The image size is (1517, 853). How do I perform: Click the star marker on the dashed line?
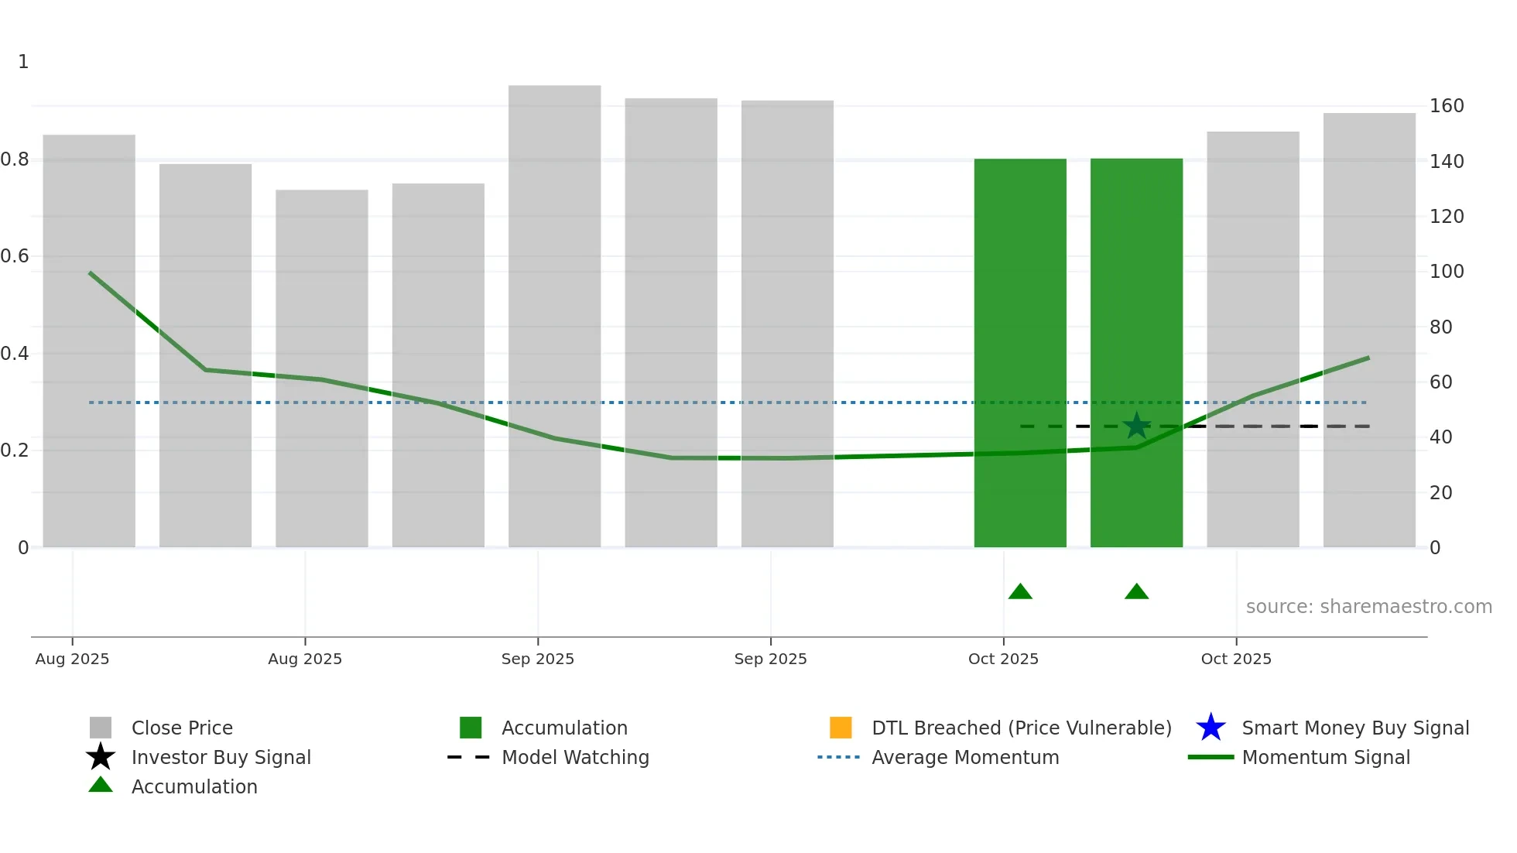tap(1136, 426)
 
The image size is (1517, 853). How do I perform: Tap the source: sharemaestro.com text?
tap(1368, 607)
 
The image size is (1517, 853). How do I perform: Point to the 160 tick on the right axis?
tap(1446, 106)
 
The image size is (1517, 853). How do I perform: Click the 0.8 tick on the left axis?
tap(15, 159)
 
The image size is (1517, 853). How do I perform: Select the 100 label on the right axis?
tap(1446, 272)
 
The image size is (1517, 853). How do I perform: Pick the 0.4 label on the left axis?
tap(15, 354)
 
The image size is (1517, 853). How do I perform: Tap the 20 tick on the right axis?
tap(1440, 493)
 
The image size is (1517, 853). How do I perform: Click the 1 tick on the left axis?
tap(23, 62)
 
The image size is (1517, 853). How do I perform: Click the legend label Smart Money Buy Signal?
tap(1354, 728)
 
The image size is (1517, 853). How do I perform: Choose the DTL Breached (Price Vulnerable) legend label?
tap(1021, 728)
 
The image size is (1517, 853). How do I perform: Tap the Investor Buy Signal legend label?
tap(221, 758)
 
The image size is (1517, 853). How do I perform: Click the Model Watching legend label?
tap(575, 758)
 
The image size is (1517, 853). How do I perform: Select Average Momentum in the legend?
tap(964, 758)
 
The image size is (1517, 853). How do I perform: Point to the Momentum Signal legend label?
tap(1325, 758)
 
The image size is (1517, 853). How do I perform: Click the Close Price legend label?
tap(182, 728)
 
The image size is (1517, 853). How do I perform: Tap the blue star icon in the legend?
tap(1211, 728)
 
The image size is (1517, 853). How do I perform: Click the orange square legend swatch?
tap(840, 728)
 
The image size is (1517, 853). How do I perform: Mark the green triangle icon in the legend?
tap(101, 786)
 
